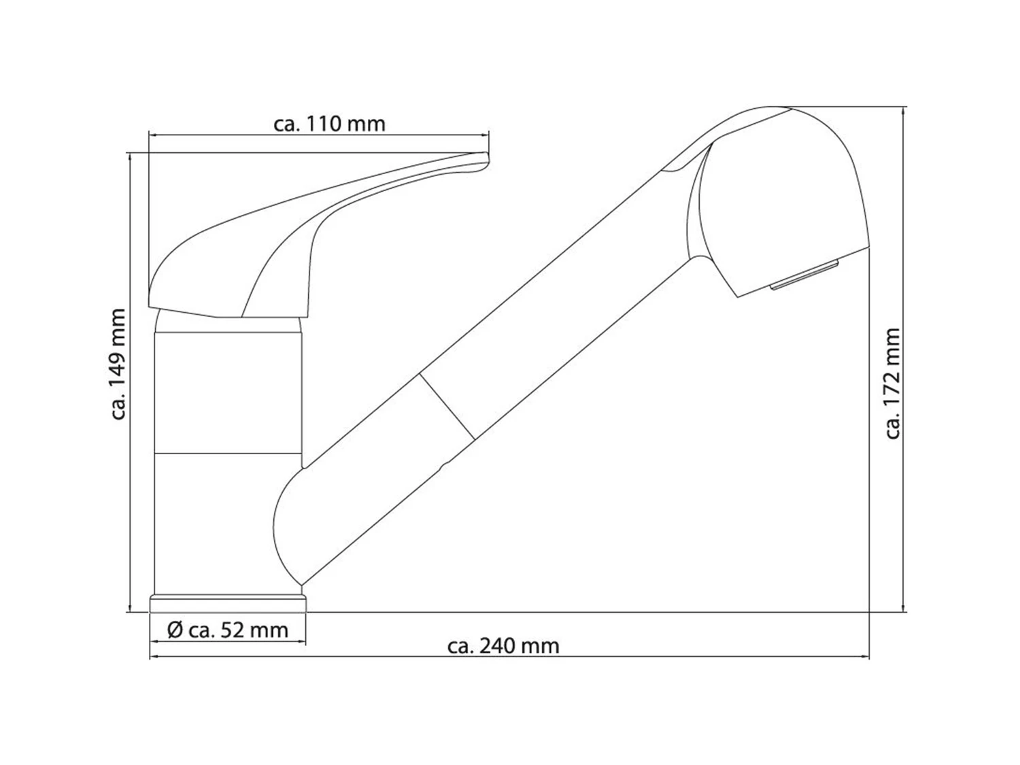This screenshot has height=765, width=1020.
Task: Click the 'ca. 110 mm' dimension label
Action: (x=329, y=124)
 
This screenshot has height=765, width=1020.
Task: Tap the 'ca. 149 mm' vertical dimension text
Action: (x=118, y=364)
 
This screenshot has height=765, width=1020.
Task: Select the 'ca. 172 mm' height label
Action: (x=893, y=384)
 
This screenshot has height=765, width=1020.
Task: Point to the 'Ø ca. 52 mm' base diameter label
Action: (x=228, y=630)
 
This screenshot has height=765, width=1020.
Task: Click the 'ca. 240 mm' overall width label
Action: (x=503, y=645)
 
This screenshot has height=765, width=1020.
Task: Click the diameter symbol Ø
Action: (x=175, y=630)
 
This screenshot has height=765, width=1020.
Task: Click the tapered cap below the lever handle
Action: (x=228, y=324)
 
